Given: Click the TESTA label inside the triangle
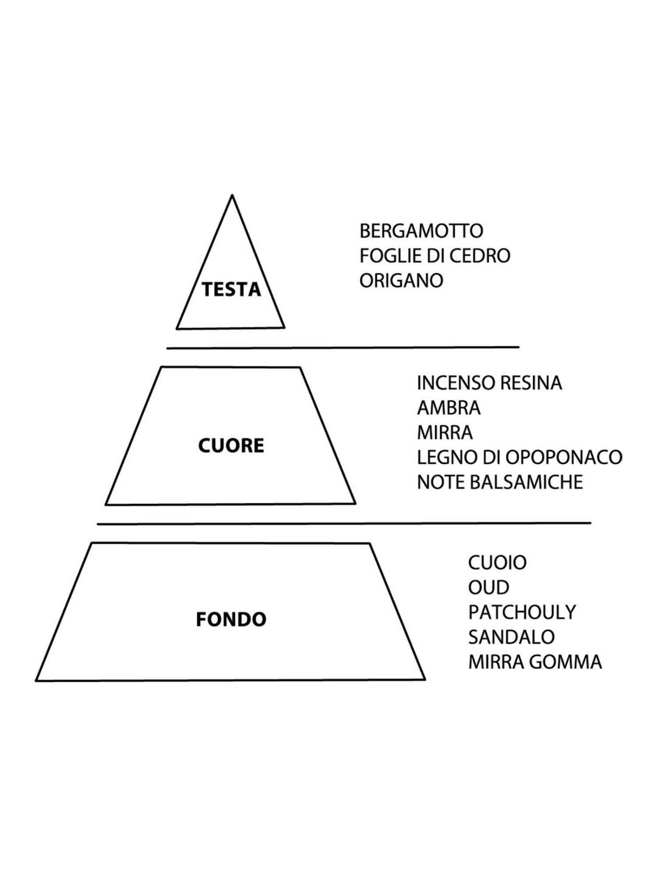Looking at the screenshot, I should [231, 290].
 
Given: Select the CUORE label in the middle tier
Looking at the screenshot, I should [231, 445].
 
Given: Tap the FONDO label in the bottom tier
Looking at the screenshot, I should [231, 619].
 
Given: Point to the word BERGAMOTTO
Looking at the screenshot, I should [421, 231].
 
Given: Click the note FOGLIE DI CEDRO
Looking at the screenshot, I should [435, 255].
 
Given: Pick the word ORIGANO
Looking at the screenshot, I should [401, 280].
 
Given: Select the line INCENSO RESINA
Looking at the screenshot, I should [489, 383].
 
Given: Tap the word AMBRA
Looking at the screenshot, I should [449, 408].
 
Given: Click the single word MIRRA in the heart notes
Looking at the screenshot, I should [445, 433].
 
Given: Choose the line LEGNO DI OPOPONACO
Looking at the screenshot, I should [519, 457].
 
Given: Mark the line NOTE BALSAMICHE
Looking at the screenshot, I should [500, 482].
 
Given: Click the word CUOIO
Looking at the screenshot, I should [497, 562].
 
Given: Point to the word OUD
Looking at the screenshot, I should [488, 587].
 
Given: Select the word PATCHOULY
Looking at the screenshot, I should [522, 612].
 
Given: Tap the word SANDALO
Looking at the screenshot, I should [511, 637].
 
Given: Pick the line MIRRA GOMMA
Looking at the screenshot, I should [535, 662].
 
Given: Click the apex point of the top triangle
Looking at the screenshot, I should [232, 196].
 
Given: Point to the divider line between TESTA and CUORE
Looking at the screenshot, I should [343, 348].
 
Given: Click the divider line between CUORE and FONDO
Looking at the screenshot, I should [344, 523].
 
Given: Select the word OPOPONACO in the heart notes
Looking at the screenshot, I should [564, 457].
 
